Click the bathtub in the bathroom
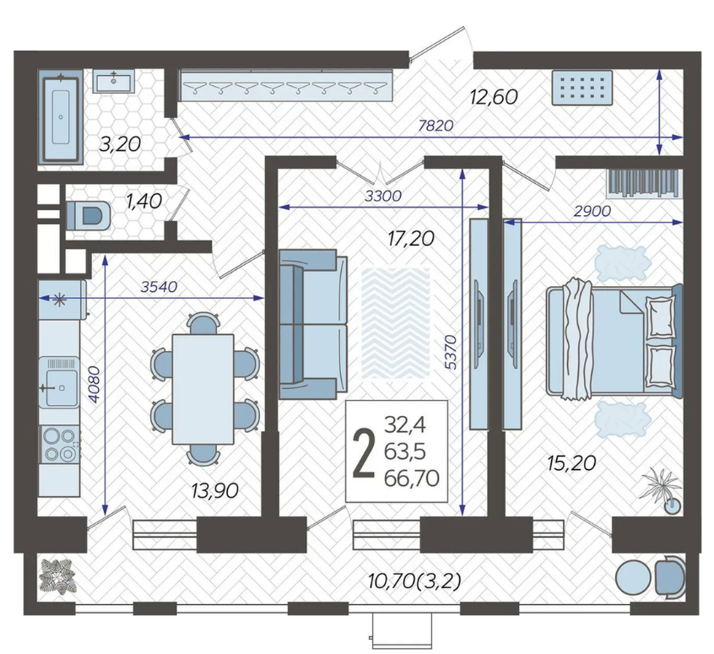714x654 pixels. pyautogui.click(x=61, y=119)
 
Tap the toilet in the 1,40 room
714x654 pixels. pyautogui.click(x=89, y=215)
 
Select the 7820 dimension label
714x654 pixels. pyautogui.click(x=435, y=125)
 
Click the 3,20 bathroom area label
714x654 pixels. pyautogui.click(x=120, y=144)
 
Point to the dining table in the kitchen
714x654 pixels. pyautogui.click(x=203, y=388)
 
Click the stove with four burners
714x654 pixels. pyautogui.click(x=60, y=444)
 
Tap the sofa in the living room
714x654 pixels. pyautogui.click(x=313, y=324)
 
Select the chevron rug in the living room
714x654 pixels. pyautogui.click(x=395, y=324)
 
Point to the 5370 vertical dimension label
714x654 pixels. pyautogui.click(x=450, y=352)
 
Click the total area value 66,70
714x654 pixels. pyautogui.click(x=412, y=478)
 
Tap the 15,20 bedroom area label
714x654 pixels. pyautogui.click(x=571, y=463)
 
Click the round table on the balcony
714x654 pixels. pyautogui.click(x=633, y=576)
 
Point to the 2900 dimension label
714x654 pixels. pyautogui.click(x=592, y=211)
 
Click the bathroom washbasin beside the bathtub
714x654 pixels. pyautogui.click(x=114, y=81)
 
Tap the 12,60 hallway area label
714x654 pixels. pyautogui.click(x=495, y=97)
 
